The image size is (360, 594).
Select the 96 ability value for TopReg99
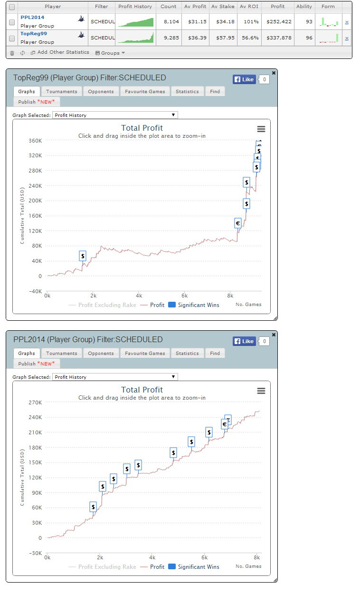(309, 38)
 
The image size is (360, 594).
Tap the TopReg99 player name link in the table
(33, 34)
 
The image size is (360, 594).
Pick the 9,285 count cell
(169, 38)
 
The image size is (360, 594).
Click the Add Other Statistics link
(63, 52)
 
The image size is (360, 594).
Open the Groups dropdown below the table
(110, 53)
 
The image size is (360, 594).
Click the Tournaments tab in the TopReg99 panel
(62, 91)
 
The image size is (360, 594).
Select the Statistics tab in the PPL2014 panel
(187, 353)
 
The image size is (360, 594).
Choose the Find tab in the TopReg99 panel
(215, 91)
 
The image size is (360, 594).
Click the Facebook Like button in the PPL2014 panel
(244, 341)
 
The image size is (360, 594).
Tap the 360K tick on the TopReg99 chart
(35, 141)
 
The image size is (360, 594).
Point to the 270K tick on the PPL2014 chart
(35, 402)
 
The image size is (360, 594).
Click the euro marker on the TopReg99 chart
(238, 223)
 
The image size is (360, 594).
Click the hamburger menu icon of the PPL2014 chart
(261, 391)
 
